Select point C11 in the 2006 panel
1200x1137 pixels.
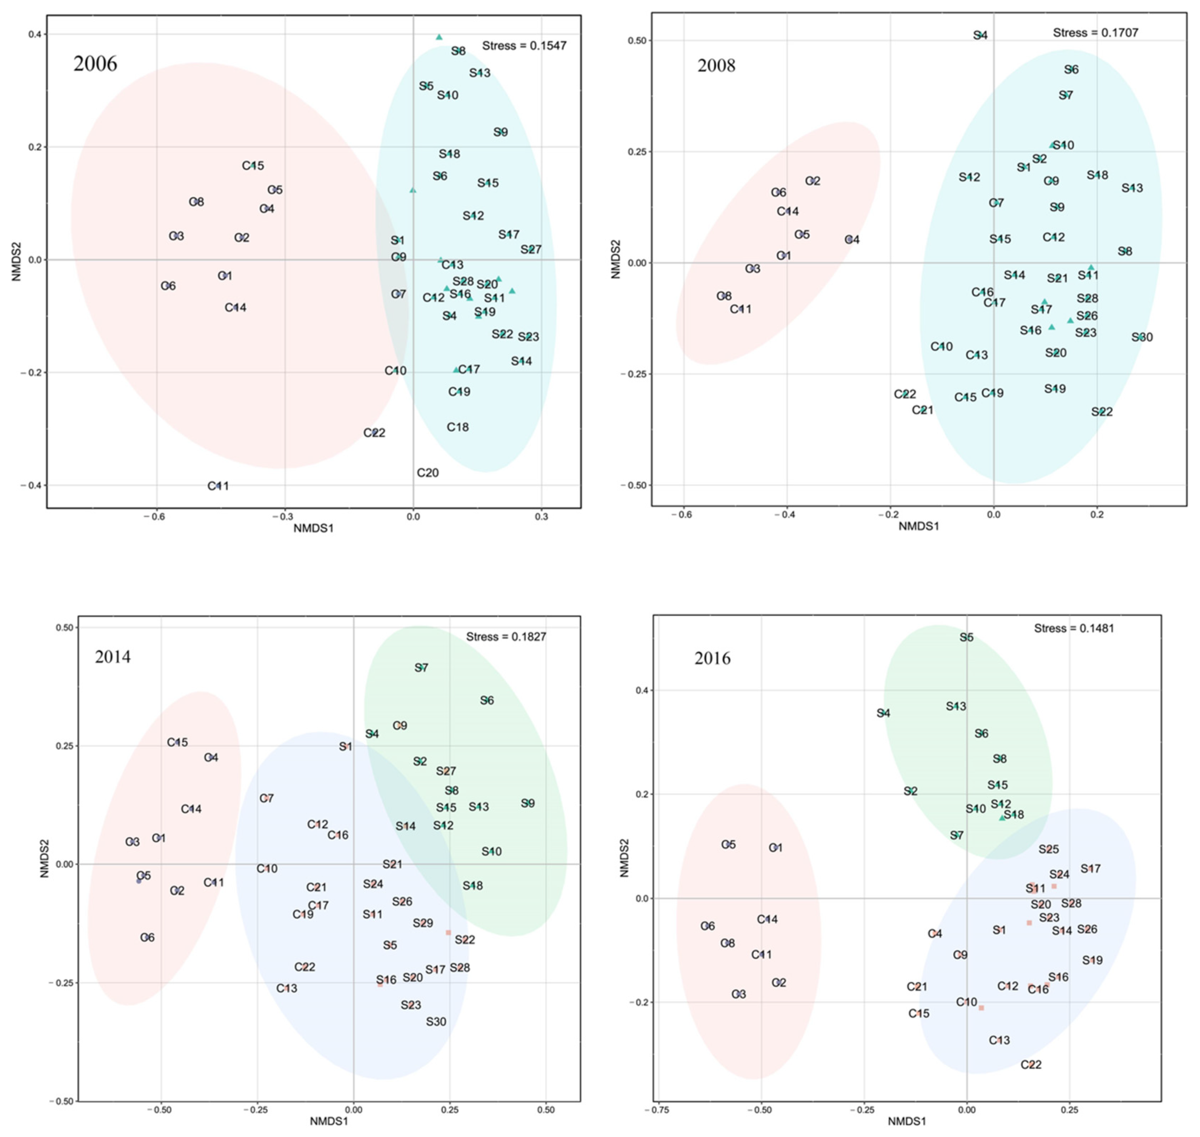coord(218,485)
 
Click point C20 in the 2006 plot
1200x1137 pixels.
coord(427,472)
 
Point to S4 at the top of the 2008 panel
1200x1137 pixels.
coord(980,35)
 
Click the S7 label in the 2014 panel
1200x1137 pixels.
coord(421,667)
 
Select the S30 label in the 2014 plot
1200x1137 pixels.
coord(436,1021)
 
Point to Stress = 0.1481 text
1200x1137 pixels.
coord(1074,628)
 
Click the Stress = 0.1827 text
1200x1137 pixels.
coord(506,636)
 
